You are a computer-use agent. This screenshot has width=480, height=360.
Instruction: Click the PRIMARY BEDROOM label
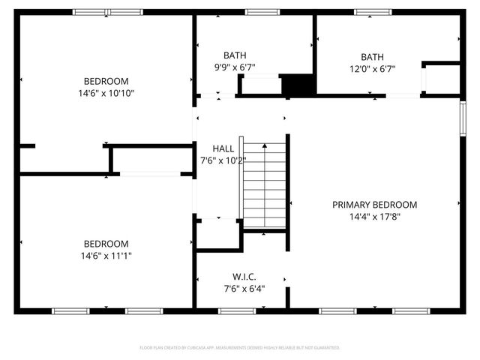pos(375,205)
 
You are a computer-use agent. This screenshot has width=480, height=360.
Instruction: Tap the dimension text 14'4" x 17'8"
pos(375,217)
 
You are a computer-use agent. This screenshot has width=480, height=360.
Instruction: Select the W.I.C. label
pos(244,276)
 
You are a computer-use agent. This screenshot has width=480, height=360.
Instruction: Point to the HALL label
pos(223,148)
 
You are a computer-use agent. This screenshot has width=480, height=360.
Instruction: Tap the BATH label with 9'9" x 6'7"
pos(235,55)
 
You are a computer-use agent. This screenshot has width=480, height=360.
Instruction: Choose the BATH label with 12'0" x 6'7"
pos(372,57)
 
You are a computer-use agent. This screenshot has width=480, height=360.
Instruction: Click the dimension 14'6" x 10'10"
pos(106,94)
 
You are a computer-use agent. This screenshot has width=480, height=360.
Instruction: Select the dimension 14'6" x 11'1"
pos(106,256)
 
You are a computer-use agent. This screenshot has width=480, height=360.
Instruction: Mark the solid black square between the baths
pos(297,85)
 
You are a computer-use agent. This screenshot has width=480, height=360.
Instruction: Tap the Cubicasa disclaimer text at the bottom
pos(240,348)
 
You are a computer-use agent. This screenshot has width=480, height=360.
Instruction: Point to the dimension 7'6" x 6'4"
pos(244,288)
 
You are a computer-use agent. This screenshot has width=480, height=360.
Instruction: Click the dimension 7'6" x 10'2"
pos(223,160)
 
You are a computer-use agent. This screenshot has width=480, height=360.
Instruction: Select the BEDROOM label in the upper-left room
pos(106,81)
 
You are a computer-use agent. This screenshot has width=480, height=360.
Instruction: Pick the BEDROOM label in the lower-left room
pos(106,244)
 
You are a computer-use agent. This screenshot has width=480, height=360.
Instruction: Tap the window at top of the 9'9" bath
pos(258,12)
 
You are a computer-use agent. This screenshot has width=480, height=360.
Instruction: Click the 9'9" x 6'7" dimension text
pos(235,67)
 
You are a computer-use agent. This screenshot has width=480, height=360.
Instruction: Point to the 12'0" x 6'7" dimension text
pos(372,69)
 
